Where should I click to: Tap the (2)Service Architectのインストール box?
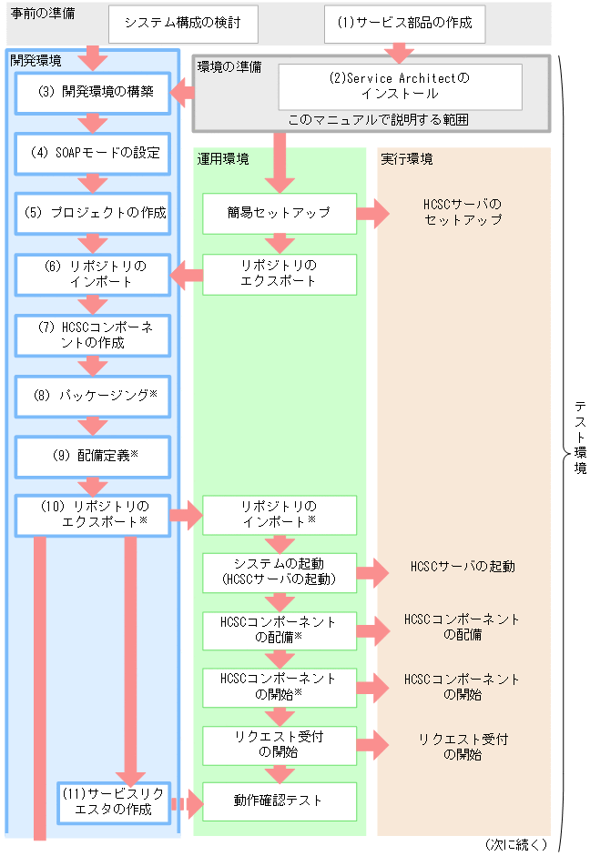coord(400,86)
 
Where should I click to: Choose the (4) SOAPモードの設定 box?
coord(93,153)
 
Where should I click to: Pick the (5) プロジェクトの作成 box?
coord(93,213)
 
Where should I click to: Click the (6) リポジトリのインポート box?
coord(93,274)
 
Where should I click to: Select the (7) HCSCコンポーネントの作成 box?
coord(93,335)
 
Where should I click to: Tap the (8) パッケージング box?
coord(93,396)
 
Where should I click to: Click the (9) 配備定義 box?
coord(93,457)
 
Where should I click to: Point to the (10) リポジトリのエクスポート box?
coord(93,514)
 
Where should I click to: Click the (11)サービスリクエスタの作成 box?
coord(114,801)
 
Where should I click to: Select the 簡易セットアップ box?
coord(279,213)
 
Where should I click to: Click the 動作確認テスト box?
coord(279,801)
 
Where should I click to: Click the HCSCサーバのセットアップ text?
coord(463,213)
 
